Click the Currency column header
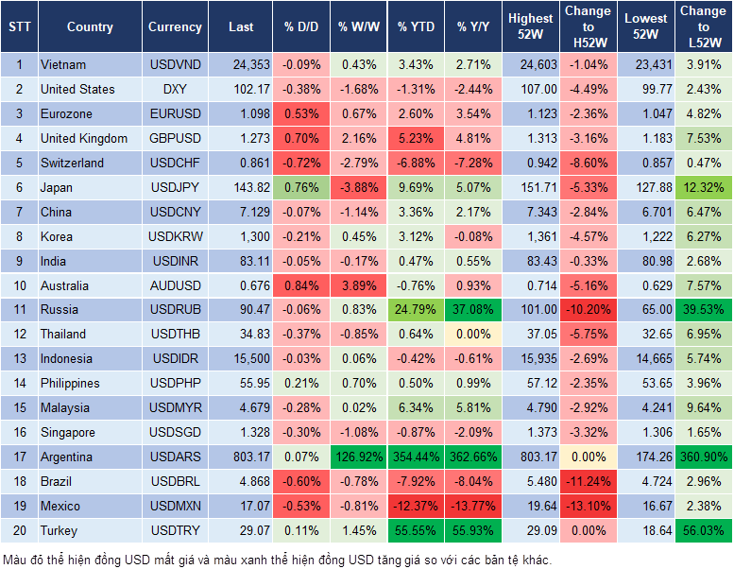pyautogui.click(x=175, y=27)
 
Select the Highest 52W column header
pyautogui.click(x=530, y=26)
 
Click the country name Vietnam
pyautogui.click(x=63, y=64)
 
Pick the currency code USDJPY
pyautogui.click(x=175, y=187)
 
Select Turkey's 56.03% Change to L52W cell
pyautogui.click(x=703, y=530)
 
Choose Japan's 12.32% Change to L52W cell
pyautogui.click(x=703, y=187)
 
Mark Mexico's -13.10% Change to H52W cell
pyautogui.click(x=588, y=506)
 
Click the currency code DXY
pyautogui.click(x=175, y=89)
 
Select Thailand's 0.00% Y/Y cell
pyautogui.click(x=474, y=334)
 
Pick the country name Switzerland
pyautogui.click(x=73, y=163)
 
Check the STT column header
pyautogui.click(x=19, y=27)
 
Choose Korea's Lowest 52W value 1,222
pyautogui.click(x=645, y=236)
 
